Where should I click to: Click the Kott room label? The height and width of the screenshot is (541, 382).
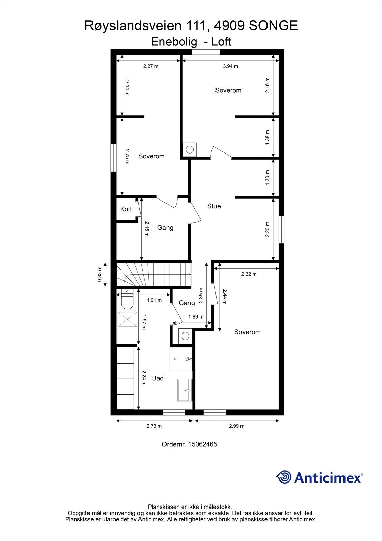tap(126, 209)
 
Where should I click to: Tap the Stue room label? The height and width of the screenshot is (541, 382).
tap(214, 206)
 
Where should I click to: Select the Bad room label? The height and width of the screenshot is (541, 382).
tap(158, 378)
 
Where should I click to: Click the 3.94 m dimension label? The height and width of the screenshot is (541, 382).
tap(230, 66)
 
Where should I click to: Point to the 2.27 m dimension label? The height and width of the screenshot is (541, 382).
tap(151, 66)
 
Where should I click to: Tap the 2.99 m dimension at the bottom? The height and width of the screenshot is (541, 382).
tap(236, 426)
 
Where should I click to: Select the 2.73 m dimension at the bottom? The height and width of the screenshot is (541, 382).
tap(154, 426)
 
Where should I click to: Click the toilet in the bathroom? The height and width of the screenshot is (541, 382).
tap(127, 301)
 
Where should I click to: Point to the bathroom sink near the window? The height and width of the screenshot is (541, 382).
tap(185, 390)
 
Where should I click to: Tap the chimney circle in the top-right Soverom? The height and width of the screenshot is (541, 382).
tap(190, 149)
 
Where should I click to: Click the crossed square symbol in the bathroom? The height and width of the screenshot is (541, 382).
tap(127, 319)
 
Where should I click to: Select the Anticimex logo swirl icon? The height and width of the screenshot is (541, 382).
tap(284, 477)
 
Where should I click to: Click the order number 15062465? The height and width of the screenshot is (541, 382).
tap(202, 444)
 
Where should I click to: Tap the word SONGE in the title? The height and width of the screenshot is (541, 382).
tap(273, 26)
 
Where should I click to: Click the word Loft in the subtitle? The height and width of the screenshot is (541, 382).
tap(221, 42)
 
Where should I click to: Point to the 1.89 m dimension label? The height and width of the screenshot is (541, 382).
tap(196, 317)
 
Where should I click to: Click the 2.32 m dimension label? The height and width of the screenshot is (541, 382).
tap(249, 274)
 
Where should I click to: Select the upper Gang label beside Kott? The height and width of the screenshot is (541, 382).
tap(165, 228)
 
